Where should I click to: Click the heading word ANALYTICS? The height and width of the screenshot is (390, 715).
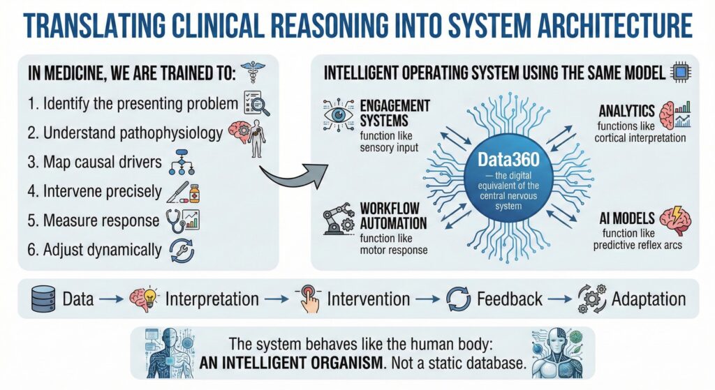(x=626, y=111)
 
